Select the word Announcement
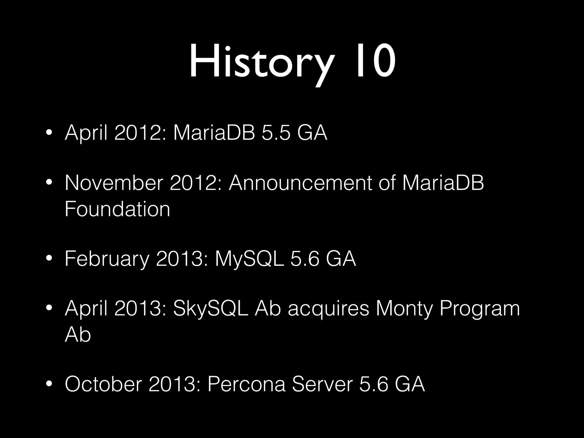[x=300, y=183]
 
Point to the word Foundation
[x=117, y=209]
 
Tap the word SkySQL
[x=211, y=309]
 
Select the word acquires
[x=328, y=309]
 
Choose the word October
[x=103, y=384]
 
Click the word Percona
[x=246, y=384]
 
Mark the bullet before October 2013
[x=49, y=384]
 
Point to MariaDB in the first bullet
[x=214, y=133]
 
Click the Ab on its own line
[x=78, y=334]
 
